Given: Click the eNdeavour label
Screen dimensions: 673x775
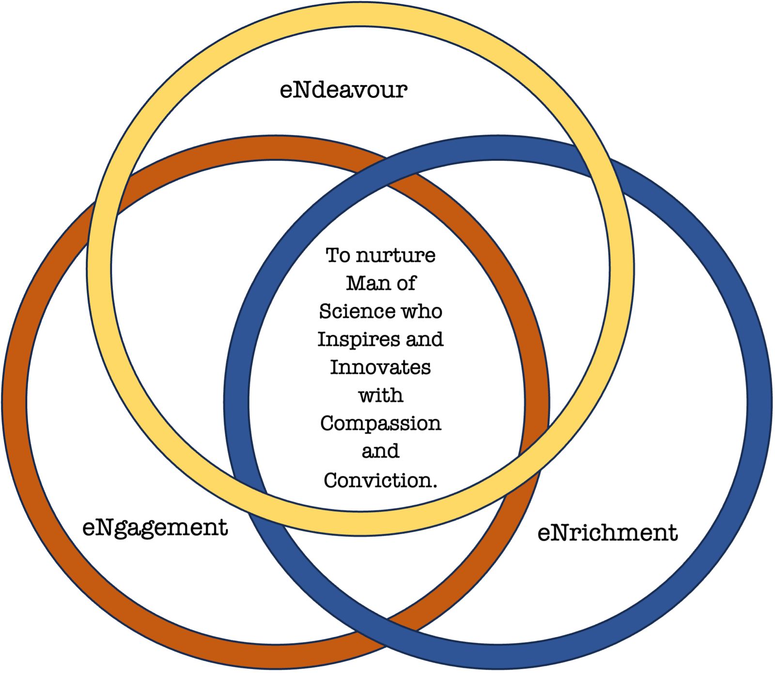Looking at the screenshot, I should (343, 90).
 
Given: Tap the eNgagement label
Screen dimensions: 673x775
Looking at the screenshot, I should (155, 528).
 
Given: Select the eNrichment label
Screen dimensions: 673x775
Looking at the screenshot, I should (607, 533).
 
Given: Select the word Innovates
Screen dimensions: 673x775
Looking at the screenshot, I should (380, 367).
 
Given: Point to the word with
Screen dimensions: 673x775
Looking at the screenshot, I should (380, 395).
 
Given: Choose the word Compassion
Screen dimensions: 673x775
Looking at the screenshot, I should (380, 424).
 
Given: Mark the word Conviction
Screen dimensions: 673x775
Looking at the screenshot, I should (380, 480).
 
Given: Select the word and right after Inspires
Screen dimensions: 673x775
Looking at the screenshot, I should (425, 339).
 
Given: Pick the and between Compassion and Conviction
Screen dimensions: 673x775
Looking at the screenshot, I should (380, 452).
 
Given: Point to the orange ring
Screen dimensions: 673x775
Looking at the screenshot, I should (15, 402).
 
